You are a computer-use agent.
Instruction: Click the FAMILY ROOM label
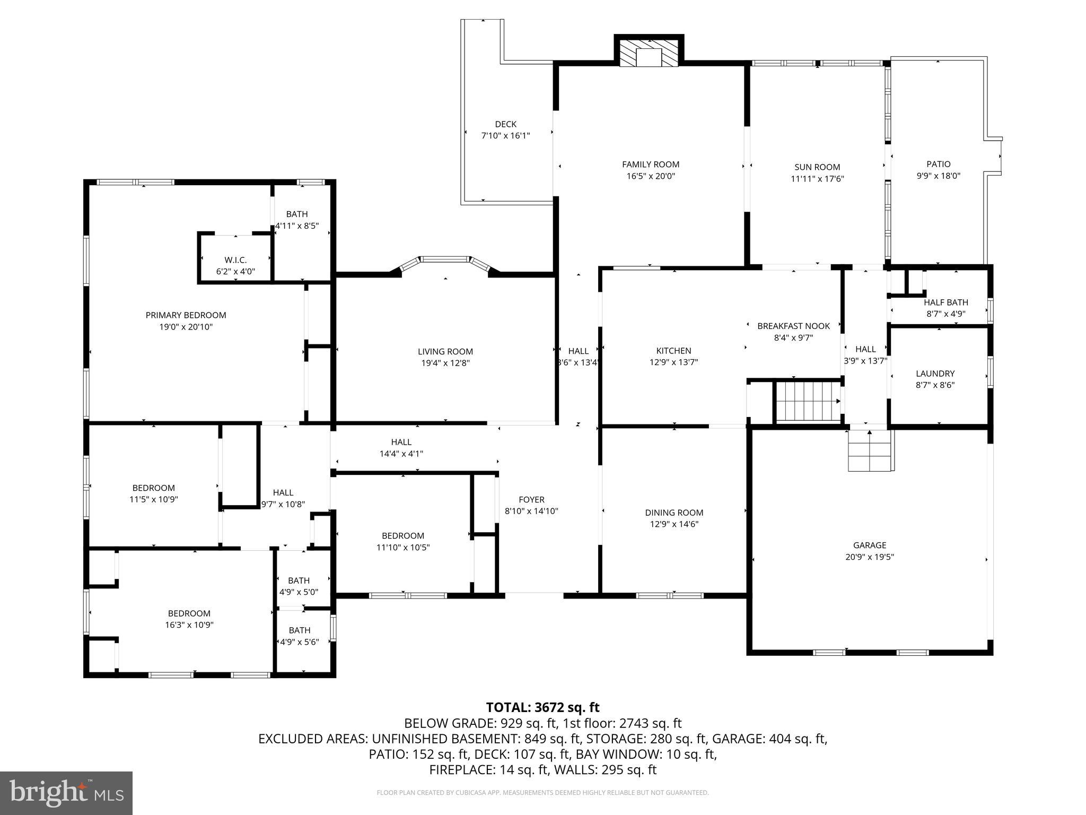pyautogui.click(x=650, y=164)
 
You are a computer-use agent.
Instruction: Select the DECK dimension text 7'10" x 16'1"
pyautogui.click(x=505, y=136)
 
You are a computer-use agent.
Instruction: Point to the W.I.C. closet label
pyautogui.click(x=235, y=260)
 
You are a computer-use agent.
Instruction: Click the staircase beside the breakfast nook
pyautogui.click(x=808, y=402)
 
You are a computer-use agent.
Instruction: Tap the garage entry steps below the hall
pyautogui.click(x=870, y=450)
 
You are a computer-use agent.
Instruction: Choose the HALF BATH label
pyautogui.click(x=945, y=302)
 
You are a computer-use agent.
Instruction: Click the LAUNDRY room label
pyautogui.click(x=935, y=374)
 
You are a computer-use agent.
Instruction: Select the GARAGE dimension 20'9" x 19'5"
pyautogui.click(x=870, y=557)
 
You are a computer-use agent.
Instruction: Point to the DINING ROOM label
pyautogui.click(x=674, y=513)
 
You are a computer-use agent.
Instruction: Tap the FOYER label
pyautogui.click(x=531, y=500)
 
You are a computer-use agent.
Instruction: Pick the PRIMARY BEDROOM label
pyautogui.click(x=186, y=315)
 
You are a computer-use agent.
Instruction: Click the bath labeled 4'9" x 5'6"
pyautogui.click(x=300, y=636)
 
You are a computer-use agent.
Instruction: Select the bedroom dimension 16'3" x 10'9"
pyautogui.click(x=189, y=625)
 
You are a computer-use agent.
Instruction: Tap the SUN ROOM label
pyautogui.click(x=817, y=167)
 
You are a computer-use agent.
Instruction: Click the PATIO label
pyautogui.click(x=938, y=164)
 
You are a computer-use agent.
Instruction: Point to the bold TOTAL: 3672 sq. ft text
pyautogui.click(x=542, y=707)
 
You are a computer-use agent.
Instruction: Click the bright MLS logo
pyautogui.click(x=66, y=793)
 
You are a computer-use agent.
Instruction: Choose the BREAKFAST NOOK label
pyautogui.click(x=793, y=326)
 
